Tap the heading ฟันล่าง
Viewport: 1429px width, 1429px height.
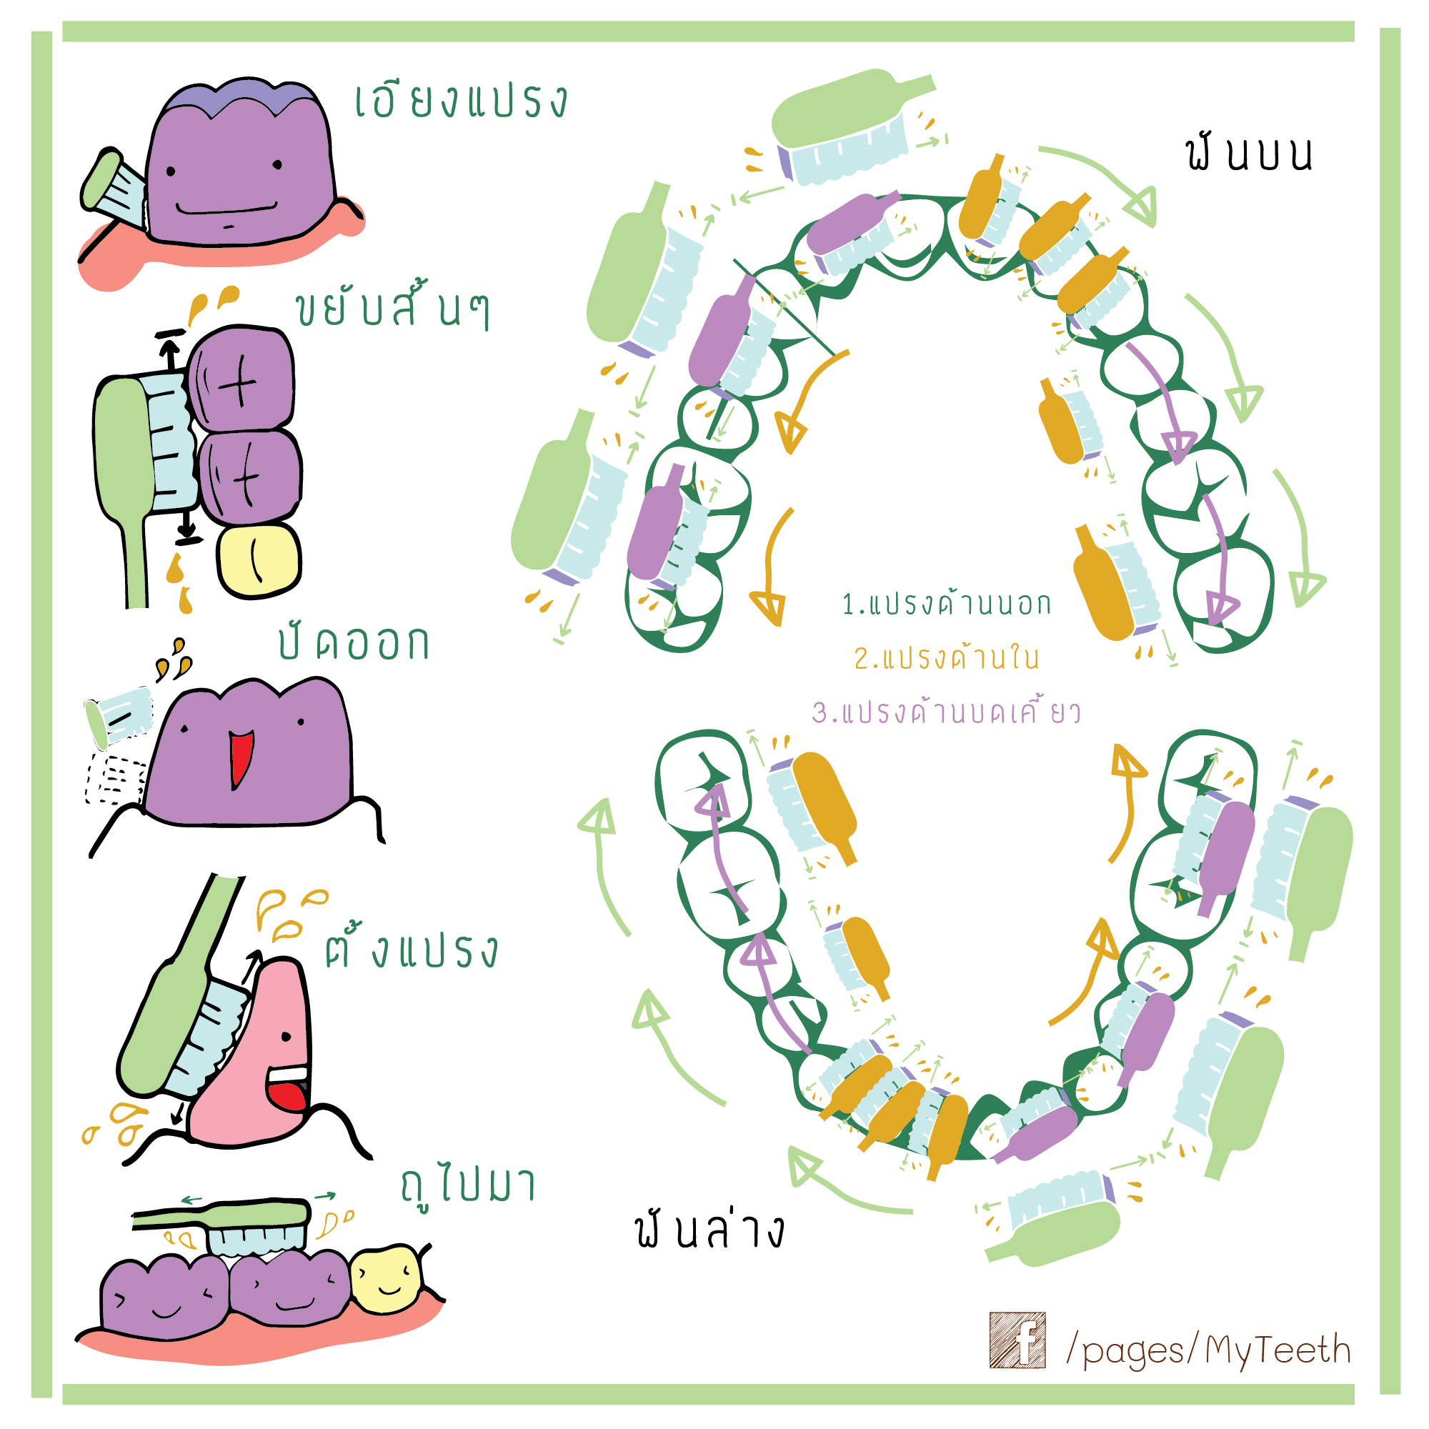coord(709,1229)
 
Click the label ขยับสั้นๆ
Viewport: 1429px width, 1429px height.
coord(392,311)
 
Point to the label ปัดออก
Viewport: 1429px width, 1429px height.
coord(354,642)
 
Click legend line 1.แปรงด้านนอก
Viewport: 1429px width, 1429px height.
coord(946,604)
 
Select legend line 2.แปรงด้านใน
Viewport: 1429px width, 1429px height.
coord(946,657)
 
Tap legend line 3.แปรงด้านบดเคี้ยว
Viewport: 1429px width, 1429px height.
coord(946,712)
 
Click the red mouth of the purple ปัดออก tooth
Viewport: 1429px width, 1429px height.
coord(240,757)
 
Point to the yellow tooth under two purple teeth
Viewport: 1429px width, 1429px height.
coord(259,560)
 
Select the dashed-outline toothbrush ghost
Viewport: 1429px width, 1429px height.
coord(114,778)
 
